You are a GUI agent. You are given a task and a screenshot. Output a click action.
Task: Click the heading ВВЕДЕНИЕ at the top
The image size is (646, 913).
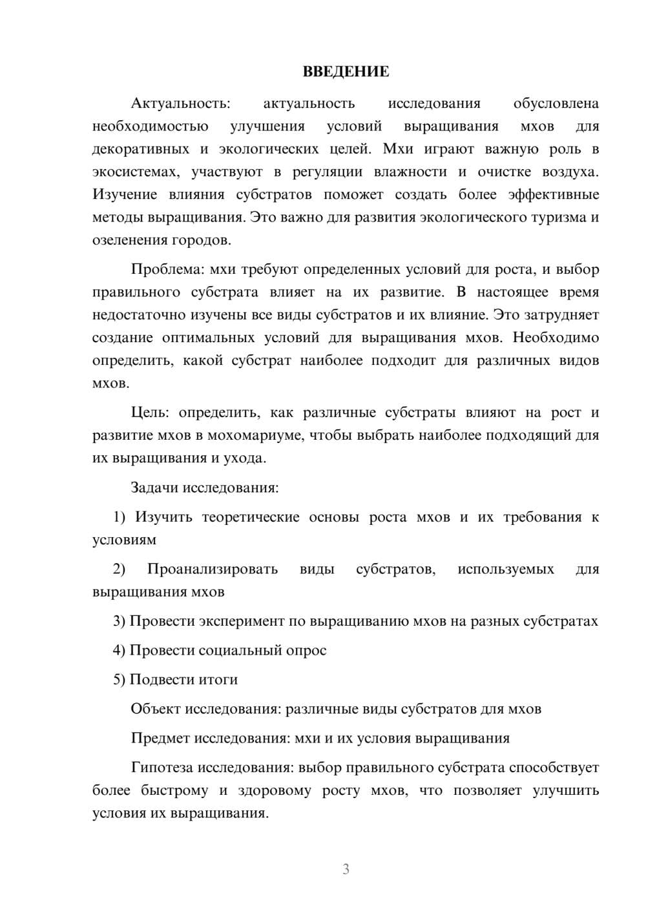pyautogui.click(x=346, y=72)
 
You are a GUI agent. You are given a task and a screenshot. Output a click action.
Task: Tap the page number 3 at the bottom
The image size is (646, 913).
pyautogui.click(x=346, y=869)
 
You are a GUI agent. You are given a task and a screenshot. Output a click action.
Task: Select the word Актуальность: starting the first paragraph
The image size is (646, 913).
pyautogui.click(x=180, y=103)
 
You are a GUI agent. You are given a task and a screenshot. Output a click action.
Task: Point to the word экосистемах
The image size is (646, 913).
pyautogui.click(x=132, y=172)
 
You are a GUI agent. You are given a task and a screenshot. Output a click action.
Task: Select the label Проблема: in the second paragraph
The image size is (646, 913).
pyautogui.click(x=163, y=269)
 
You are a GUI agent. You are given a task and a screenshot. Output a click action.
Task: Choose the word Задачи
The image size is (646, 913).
pyautogui.click(x=154, y=487)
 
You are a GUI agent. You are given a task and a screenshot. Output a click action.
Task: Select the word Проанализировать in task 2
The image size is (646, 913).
pyautogui.click(x=213, y=569)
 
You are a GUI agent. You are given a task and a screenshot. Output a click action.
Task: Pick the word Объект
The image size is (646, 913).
pyautogui.click(x=156, y=709)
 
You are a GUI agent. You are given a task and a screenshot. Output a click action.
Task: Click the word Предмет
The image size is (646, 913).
pyautogui.click(x=160, y=738)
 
